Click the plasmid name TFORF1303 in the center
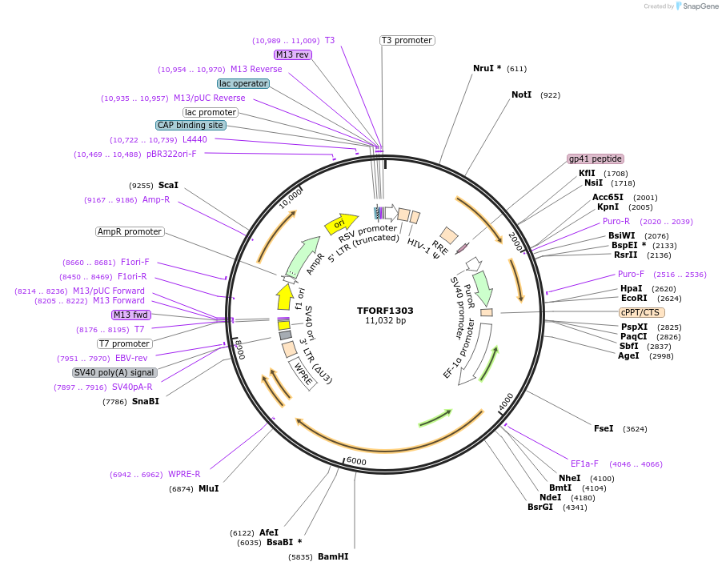(385, 310)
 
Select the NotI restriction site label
(521, 94)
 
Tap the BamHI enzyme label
(333, 556)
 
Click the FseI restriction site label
(604, 428)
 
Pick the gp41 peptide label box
(596, 159)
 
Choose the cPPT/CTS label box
(641, 312)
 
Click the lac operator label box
(243, 83)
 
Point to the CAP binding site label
(191, 125)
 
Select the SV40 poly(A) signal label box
(114, 372)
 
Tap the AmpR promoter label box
(130, 231)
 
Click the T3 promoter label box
(407, 40)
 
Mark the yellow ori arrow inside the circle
(339, 224)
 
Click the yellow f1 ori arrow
(284, 296)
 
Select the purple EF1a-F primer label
(584, 464)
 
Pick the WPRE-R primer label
(184, 474)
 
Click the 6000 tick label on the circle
(355, 462)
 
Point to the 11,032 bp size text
(385, 320)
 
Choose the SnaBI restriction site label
(146, 401)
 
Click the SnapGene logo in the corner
(696, 6)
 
